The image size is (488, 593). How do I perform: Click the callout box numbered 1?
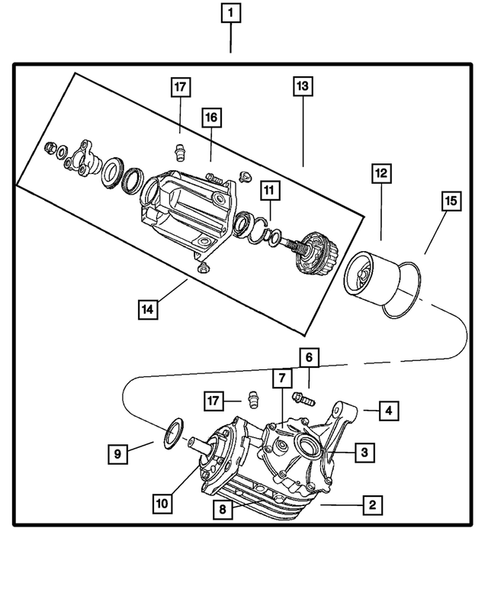(x=231, y=13)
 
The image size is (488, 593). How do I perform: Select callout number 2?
(x=371, y=504)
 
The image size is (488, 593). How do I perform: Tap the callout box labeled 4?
(x=388, y=411)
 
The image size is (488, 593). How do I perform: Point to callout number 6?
(x=309, y=356)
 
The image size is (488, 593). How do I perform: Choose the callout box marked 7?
(x=281, y=378)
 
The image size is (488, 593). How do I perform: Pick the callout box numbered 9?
(x=117, y=453)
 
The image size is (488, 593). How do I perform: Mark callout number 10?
(x=161, y=504)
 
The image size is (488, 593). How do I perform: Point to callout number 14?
(x=149, y=309)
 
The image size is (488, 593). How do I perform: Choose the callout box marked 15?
(x=451, y=201)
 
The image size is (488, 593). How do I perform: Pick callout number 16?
(x=210, y=118)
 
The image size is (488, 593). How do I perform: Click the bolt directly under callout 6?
(x=302, y=398)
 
